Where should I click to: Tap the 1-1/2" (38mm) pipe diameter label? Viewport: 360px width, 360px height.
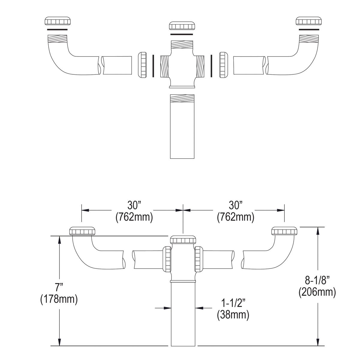pyautogui.click(x=232, y=309)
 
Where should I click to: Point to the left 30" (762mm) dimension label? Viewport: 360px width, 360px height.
pyautogui.click(x=134, y=211)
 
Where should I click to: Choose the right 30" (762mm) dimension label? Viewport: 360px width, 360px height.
pyautogui.click(x=235, y=211)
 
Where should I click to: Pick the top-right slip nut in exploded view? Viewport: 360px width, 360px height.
pyautogui.click(x=309, y=21)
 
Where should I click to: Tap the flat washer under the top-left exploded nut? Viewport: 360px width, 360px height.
pyautogui.click(x=57, y=29)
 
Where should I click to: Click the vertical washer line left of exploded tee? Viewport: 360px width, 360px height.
pyautogui.click(x=153, y=65)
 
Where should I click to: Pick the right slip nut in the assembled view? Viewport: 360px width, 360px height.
pyautogui.click(x=284, y=231)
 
